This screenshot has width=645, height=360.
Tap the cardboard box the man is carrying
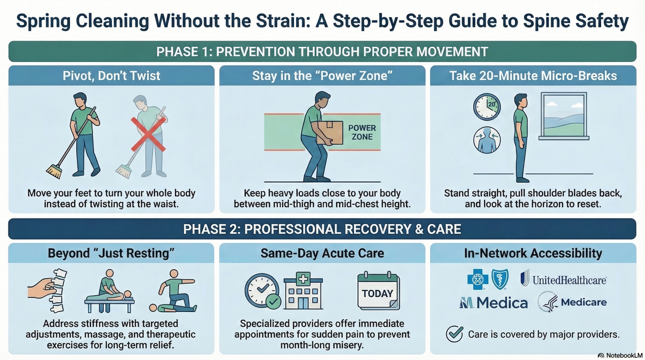(329, 132)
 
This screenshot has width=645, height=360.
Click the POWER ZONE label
(362, 132)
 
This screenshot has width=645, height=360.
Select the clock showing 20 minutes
(487, 107)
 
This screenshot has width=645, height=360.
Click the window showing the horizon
(564, 116)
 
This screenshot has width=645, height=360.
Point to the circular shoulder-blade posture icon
(487, 140)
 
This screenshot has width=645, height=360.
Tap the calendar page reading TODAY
(378, 291)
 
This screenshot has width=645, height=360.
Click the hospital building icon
(303, 291)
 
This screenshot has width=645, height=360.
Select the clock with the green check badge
(262, 291)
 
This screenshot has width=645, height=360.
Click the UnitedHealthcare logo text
(569, 280)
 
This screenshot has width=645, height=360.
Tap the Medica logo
(494, 303)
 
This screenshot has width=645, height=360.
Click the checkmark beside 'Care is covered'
(455, 334)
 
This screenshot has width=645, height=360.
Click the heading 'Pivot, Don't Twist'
(111, 76)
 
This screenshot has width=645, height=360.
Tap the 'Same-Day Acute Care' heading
(322, 253)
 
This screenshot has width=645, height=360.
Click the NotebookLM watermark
(620, 355)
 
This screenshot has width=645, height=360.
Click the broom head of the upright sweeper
(54, 172)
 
